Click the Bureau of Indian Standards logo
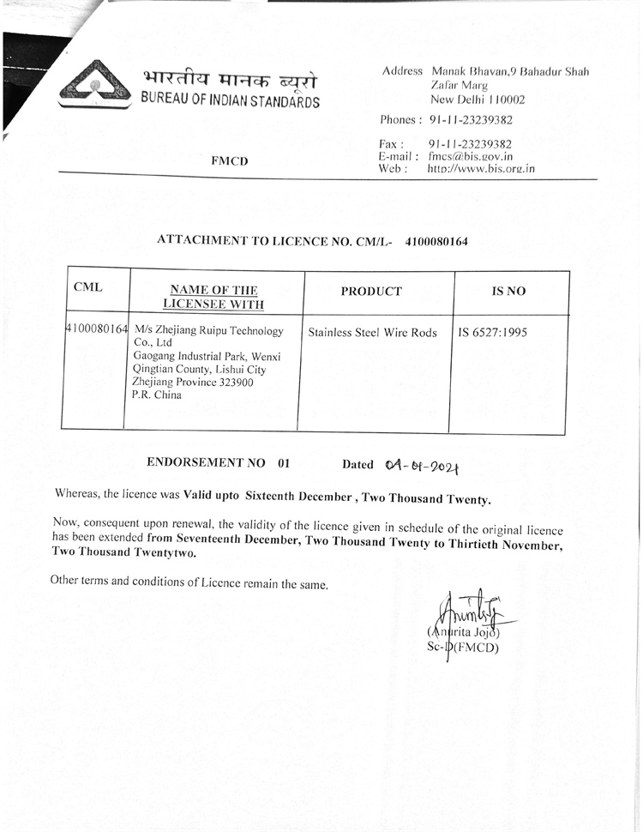pyautogui.click(x=93, y=83)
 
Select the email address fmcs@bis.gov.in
pyautogui.click(x=470, y=156)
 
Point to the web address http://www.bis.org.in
pyautogui.click(x=480, y=169)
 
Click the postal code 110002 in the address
pyautogui.click(x=502, y=99)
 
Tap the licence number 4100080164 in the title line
pyautogui.click(x=436, y=241)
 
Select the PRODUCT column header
pyautogui.click(x=370, y=292)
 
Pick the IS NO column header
pyautogui.click(x=508, y=292)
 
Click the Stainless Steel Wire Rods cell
pyautogui.click(x=372, y=333)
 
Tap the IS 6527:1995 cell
pyautogui.click(x=493, y=332)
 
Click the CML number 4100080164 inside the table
pyautogui.click(x=97, y=329)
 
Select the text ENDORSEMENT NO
pyautogui.click(x=207, y=462)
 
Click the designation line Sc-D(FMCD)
pyautogui.click(x=462, y=647)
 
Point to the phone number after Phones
pyautogui.click(x=471, y=120)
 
